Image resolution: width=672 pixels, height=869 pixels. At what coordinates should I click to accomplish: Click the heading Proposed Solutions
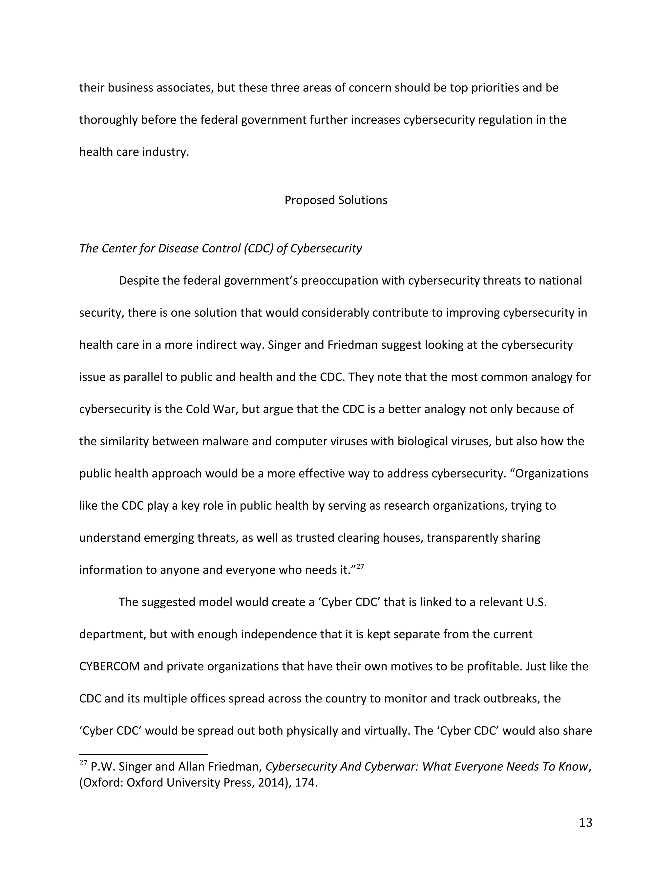(336, 200)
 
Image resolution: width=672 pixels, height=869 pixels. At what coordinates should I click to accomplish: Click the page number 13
(585, 822)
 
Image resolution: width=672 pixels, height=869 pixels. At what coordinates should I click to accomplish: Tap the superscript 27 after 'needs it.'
(360, 567)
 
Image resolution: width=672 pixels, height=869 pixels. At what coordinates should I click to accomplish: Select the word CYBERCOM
(110, 666)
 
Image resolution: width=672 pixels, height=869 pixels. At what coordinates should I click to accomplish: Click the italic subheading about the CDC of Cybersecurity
(220, 248)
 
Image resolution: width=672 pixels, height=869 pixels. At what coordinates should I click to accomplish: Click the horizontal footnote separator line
(143, 754)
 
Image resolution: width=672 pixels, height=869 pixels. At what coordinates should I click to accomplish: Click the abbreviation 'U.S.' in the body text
(536, 602)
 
